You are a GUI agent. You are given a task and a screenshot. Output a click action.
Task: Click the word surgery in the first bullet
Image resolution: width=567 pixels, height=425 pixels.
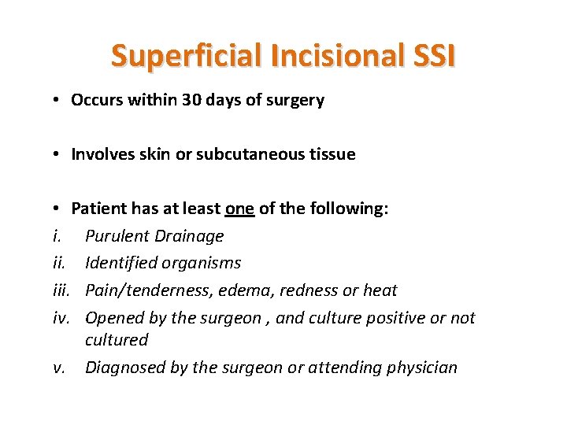pos(295,101)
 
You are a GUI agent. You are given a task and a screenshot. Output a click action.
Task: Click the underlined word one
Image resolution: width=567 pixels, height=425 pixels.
pos(239,209)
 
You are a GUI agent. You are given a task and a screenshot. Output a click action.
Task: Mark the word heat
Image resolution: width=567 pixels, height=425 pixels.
pos(380,290)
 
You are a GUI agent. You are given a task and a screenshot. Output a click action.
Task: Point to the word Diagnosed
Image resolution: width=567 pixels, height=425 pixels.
pos(121,368)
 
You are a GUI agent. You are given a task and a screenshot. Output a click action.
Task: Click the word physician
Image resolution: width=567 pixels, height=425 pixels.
pos(421,368)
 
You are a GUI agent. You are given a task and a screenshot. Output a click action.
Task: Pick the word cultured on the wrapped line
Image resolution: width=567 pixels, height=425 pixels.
pos(117,340)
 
